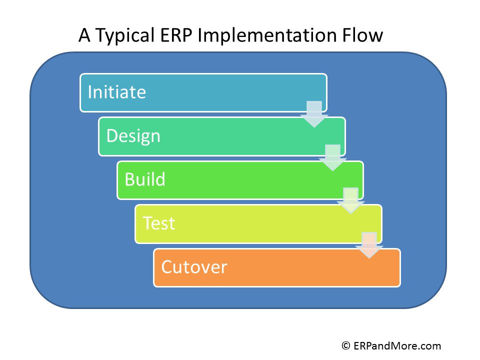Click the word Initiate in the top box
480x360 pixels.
pyautogui.click(x=116, y=92)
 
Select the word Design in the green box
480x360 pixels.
pyautogui.click(x=133, y=136)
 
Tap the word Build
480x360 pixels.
pyautogui.click(x=145, y=179)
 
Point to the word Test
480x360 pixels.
pyautogui.click(x=159, y=223)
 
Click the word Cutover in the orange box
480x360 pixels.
pyautogui.click(x=194, y=267)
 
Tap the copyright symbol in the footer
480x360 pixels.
pyautogui.click(x=346, y=345)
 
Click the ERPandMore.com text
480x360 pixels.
pyautogui.click(x=397, y=345)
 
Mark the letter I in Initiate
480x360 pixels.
pyautogui.click(x=90, y=92)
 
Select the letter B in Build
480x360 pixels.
pyautogui.click(x=129, y=179)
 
